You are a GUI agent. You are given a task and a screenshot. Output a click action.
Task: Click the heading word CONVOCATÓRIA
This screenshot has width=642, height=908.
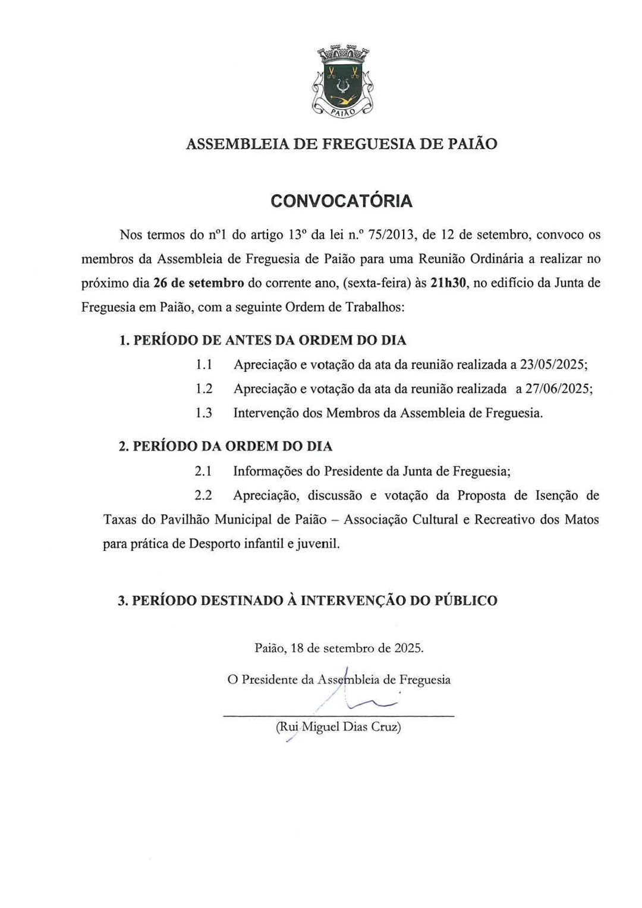pos(341,201)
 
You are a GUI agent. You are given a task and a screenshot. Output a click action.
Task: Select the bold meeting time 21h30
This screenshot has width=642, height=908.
pos(448,283)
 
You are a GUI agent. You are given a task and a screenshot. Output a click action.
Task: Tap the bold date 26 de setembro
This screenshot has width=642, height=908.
pos(199,283)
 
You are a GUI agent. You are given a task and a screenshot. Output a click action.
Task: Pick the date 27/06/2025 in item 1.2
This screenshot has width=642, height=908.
pos(558,389)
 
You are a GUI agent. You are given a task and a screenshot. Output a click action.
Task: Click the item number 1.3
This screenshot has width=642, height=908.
pos(204,413)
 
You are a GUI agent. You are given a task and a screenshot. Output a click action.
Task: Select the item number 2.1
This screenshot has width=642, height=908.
pos(203,471)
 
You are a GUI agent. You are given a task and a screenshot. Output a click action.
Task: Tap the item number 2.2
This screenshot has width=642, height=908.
pos(203,496)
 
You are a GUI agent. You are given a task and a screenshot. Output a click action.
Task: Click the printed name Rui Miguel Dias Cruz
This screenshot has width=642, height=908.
pos(338,727)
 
